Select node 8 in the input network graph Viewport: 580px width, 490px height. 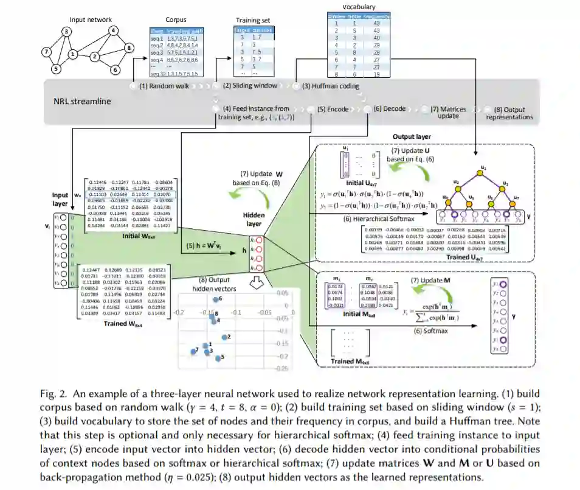128,47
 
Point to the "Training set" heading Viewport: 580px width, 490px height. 253,21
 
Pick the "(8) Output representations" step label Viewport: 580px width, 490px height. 511,113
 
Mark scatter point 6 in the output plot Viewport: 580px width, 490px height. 216,299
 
